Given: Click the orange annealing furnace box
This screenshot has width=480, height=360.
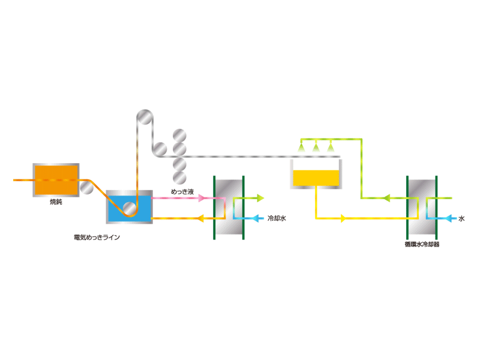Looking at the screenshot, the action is click(x=56, y=180).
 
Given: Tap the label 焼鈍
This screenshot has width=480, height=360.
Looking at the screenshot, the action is click(x=56, y=202).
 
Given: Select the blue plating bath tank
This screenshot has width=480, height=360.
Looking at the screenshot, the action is click(x=129, y=207).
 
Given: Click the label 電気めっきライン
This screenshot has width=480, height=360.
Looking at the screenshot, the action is click(x=97, y=237).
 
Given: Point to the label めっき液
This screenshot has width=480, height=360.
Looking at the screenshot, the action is click(x=182, y=192).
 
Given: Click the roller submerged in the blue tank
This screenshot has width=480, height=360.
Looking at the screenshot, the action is click(x=130, y=208).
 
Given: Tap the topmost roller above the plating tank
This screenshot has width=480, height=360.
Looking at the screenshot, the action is click(x=145, y=117).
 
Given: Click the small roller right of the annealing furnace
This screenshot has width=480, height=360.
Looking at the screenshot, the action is click(x=86, y=187).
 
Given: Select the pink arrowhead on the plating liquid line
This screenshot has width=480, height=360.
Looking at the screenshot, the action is click(x=201, y=199).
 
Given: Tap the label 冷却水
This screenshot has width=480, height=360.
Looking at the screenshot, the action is click(x=277, y=218).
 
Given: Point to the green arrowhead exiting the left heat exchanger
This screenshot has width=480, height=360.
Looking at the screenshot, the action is click(x=260, y=198).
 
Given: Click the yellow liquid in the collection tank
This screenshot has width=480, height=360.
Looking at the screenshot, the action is click(x=316, y=178).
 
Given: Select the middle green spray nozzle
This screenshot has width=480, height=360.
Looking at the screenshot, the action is click(x=316, y=147).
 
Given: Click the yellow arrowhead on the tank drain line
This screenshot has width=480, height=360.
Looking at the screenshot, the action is click(x=343, y=218).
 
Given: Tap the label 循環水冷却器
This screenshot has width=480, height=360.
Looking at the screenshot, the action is click(x=422, y=244).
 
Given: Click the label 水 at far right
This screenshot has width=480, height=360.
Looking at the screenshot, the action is click(x=461, y=218).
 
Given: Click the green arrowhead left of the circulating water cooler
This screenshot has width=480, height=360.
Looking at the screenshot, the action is click(x=386, y=198).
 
